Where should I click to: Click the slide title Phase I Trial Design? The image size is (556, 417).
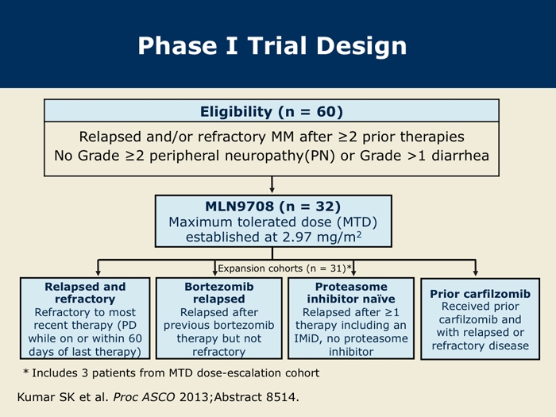pyautogui.click(x=272, y=46)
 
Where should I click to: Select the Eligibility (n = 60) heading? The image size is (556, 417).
pyautogui.click(x=272, y=112)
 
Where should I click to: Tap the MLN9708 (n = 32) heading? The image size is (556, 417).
pyautogui.click(x=272, y=207)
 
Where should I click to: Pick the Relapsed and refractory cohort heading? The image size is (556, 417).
pyautogui.click(x=85, y=292)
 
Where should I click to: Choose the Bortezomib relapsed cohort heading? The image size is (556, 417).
pyautogui.click(x=219, y=292)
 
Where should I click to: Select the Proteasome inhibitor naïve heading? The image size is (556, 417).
pyautogui.click(x=351, y=292)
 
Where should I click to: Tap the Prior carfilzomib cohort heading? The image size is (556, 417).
pyautogui.click(x=480, y=294)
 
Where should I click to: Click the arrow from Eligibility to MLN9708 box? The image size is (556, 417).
pyautogui.click(x=272, y=185)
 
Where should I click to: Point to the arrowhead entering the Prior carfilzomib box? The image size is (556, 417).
pyautogui.click(x=476, y=272)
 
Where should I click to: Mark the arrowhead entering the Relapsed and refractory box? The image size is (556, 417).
pyautogui.click(x=98, y=272)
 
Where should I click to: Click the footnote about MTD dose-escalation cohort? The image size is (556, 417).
pyautogui.click(x=172, y=373)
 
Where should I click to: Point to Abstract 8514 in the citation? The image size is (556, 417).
pyautogui.click(x=256, y=397)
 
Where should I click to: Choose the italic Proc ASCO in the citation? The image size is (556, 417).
pyautogui.click(x=144, y=397)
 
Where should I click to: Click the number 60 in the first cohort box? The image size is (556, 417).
pyautogui.click(x=135, y=338)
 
